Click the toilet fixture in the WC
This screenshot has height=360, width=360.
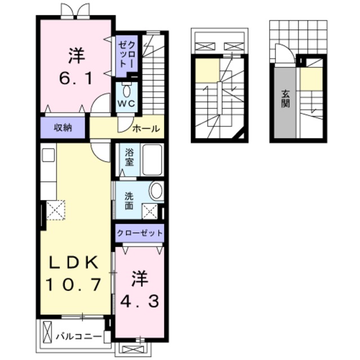[126, 90]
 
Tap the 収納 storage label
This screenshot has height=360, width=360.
[63, 128]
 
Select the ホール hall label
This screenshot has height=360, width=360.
[146, 129]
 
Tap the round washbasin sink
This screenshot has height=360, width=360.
[156, 191]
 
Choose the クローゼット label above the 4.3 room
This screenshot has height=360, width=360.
[140, 232]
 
